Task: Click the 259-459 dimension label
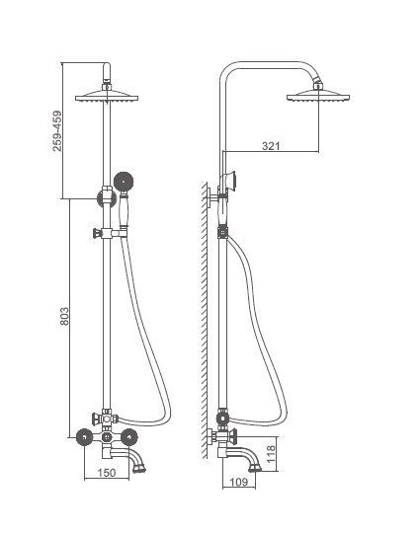coord(57,130)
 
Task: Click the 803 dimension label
coord(64,317)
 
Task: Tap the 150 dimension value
coord(107,473)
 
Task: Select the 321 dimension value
coord(271,146)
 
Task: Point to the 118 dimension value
coord(271,454)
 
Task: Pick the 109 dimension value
coord(238,482)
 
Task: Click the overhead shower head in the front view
coord(107,96)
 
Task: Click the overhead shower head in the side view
coord(318,96)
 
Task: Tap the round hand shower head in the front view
coord(124,182)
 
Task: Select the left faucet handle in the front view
coord(84,437)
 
